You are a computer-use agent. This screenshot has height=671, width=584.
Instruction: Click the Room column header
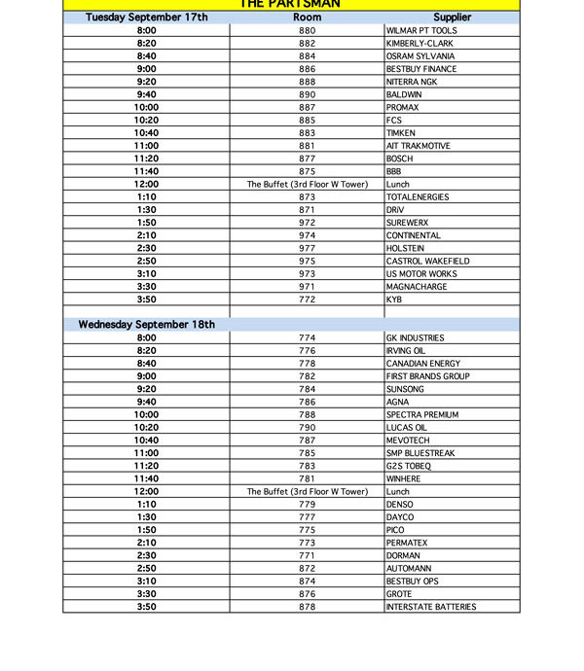(x=308, y=18)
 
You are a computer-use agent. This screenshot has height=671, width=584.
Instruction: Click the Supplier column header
(x=452, y=18)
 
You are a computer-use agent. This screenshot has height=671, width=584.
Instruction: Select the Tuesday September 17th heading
(x=146, y=18)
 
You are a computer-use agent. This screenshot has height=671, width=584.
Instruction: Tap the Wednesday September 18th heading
(x=146, y=325)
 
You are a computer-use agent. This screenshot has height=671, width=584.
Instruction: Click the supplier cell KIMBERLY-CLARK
(x=420, y=44)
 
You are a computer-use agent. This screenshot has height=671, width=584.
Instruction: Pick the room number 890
(x=308, y=95)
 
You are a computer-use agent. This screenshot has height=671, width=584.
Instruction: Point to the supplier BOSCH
(x=399, y=159)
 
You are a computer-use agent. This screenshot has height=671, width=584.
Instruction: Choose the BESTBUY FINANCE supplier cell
(x=421, y=69)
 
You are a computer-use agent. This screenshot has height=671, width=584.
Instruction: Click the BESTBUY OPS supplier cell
(x=413, y=582)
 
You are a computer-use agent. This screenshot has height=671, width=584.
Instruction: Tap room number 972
(x=308, y=223)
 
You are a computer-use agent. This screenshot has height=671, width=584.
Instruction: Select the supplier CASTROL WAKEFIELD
(x=428, y=262)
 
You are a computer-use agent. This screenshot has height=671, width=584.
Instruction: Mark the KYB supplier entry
(x=394, y=300)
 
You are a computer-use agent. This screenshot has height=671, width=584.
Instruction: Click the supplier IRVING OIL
(x=406, y=351)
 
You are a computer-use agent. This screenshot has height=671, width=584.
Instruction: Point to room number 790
(x=308, y=428)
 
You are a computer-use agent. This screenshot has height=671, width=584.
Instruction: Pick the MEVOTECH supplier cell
(x=409, y=441)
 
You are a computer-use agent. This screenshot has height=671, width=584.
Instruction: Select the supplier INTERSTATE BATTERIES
(x=431, y=607)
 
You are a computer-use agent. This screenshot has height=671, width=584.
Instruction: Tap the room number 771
(x=308, y=556)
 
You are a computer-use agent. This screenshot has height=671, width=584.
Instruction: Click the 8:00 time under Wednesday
(x=147, y=338)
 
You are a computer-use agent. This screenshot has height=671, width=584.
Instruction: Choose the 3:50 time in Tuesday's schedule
(x=147, y=300)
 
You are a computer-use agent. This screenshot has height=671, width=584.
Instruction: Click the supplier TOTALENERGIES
(x=418, y=197)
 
